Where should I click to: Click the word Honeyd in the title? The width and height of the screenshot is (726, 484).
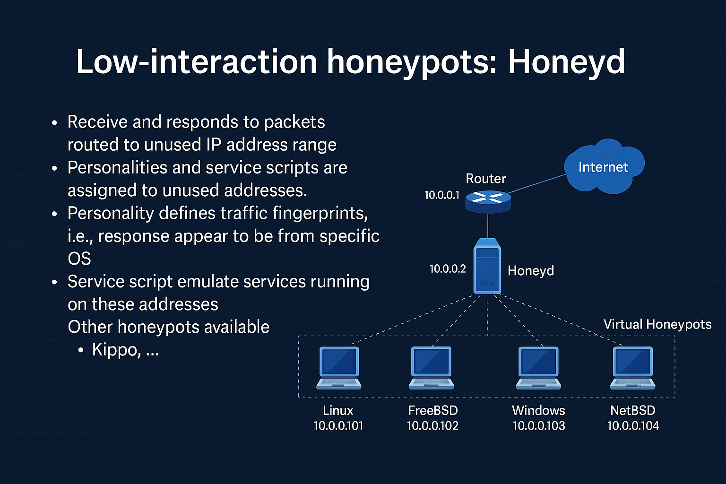[x=566, y=62]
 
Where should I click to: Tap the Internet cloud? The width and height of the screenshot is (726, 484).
[x=603, y=166]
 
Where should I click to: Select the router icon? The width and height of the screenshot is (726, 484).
[x=488, y=201]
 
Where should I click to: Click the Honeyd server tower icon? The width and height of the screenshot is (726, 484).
[x=487, y=266]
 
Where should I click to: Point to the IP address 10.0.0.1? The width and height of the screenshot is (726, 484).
[x=441, y=195]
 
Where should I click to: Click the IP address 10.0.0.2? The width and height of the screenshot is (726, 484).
[x=447, y=269]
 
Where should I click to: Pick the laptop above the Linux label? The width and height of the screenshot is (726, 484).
[x=339, y=368]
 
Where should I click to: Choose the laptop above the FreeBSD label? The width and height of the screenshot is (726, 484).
[x=432, y=368]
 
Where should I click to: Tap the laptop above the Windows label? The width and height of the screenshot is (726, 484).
[x=538, y=368]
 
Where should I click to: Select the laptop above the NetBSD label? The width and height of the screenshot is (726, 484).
[x=632, y=368]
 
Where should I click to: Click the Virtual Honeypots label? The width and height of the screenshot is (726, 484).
[x=657, y=324]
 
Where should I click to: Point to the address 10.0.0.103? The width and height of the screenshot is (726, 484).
[x=539, y=426]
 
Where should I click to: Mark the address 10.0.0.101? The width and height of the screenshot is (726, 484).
[x=338, y=426]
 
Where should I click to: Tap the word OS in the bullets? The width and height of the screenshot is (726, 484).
[x=79, y=259]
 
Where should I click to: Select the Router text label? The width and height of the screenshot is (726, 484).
[x=485, y=179]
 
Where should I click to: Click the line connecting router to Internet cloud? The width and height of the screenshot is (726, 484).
[x=536, y=184]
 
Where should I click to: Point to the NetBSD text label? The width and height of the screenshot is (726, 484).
[x=632, y=410]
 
